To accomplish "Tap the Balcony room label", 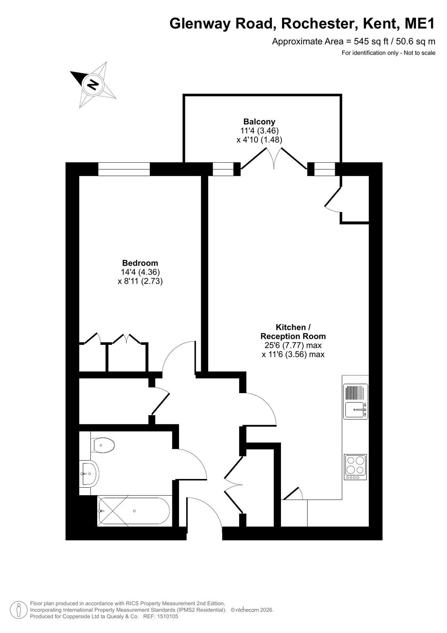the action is coord(259,122).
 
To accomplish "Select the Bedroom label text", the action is coord(140,263).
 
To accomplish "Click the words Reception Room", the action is coord(293,336).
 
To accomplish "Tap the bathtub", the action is coord(134,511).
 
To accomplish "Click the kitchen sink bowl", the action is coord(355,410).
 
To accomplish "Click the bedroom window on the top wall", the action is coord(124,169).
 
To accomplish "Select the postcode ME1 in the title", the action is coord(420,23).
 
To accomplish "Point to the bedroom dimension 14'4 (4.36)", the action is coord(140,272).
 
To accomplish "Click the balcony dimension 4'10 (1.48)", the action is coord(259,140).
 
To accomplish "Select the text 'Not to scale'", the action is coord(419,53).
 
